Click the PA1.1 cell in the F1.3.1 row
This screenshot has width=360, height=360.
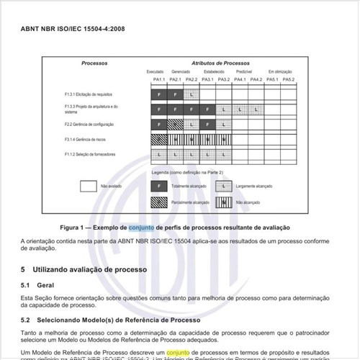[156, 94]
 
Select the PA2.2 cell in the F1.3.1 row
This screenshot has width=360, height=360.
[191, 94]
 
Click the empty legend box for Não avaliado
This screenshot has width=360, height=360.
[89, 186]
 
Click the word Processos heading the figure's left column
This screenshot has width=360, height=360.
[94, 64]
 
